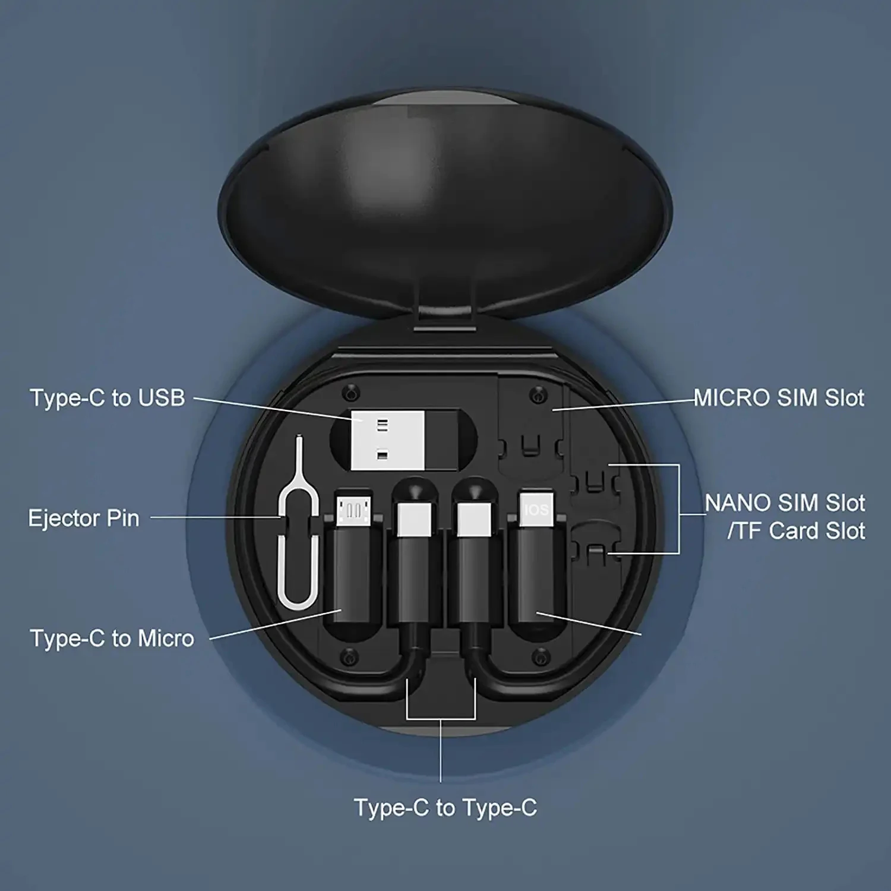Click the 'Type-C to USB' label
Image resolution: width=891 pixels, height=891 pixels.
click(x=108, y=398)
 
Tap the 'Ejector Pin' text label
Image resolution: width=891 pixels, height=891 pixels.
click(x=84, y=519)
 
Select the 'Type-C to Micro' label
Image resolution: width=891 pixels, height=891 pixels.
click(x=112, y=639)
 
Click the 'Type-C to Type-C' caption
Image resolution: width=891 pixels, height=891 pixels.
click(x=445, y=808)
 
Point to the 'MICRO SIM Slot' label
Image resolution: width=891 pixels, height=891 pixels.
click(x=779, y=398)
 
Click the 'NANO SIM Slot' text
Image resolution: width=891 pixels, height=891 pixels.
click(x=785, y=503)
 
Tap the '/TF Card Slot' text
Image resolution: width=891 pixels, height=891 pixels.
click(x=796, y=531)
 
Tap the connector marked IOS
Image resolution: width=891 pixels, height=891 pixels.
click(x=536, y=510)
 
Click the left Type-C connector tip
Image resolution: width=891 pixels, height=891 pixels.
click(x=415, y=517)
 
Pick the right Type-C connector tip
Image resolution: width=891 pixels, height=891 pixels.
click(x=473, y=517)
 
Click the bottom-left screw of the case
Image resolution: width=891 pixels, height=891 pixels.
click(x=349, y=657)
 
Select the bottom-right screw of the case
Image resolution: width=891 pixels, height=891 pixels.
click(x=539, y=657)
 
